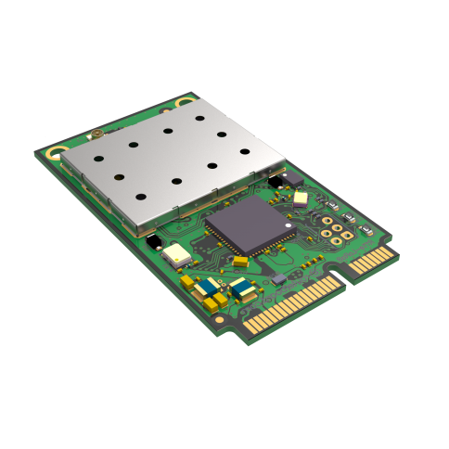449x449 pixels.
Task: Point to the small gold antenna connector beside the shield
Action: [96, 137]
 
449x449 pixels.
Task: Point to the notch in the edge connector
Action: [343, 270]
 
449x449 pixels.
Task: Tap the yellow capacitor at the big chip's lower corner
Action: [240, 263]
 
